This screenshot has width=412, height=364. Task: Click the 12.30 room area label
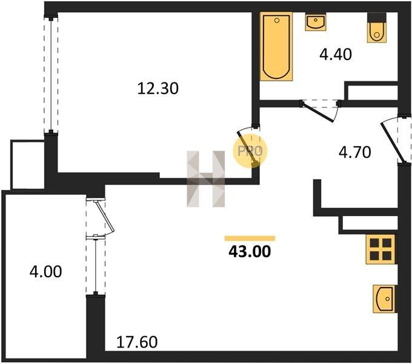[158, 89]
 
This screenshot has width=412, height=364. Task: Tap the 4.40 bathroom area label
[336, 55]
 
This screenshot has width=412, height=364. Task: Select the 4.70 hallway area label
[354, 152]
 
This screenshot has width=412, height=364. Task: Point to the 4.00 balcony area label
[45, 272]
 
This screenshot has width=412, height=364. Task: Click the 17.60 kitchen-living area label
[137, 342]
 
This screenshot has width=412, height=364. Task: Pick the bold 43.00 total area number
[250, 251]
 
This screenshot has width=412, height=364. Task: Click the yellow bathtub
[276, 46]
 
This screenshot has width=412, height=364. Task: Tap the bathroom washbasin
[316, 22]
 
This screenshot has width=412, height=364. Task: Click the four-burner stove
[380, 249]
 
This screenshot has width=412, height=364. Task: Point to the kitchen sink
[384, 298]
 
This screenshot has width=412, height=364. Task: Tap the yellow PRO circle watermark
[250, 151]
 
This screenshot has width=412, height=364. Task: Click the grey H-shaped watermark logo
[206, 179]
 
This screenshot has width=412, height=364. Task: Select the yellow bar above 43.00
[250, 238]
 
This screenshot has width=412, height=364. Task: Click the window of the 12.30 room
[51, 75]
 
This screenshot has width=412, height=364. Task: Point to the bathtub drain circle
[276, 20]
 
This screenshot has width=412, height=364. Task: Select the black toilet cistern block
[377, 18]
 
